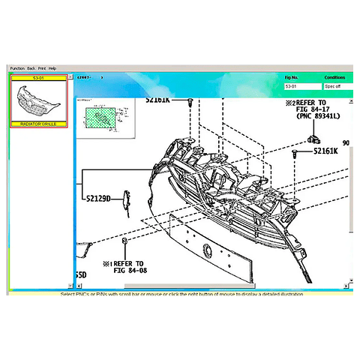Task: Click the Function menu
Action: [16, 68]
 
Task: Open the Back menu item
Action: [31, 68]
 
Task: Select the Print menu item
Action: [42, 68]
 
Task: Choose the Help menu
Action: [52, 68]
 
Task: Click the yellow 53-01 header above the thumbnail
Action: [38, 76]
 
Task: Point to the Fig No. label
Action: [292, 77]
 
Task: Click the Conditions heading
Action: [334, 77]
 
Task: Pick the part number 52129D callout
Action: [97, 199]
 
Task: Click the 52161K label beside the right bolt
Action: [325, 151]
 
